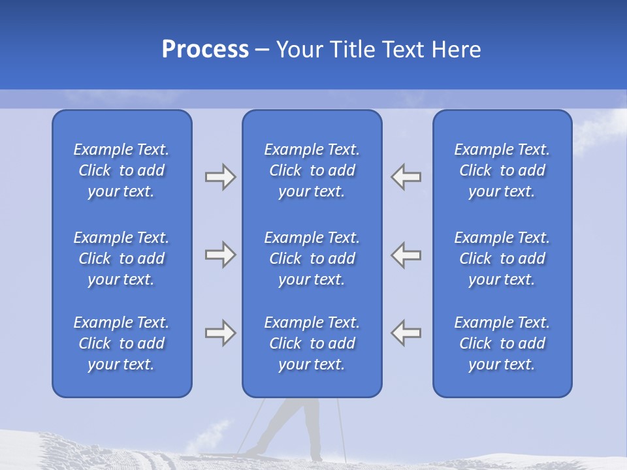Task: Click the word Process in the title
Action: tap(205, 50)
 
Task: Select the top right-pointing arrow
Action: tap(220, 177)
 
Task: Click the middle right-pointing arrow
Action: tap(220, 255)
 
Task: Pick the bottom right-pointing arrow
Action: tap(220, 333)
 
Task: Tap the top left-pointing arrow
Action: tap(406, 177)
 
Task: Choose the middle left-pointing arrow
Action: tap(406, 255)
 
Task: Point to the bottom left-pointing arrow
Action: tap(406, 333)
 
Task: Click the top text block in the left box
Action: tap(121, 170)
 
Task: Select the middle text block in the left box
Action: tap(121, 258)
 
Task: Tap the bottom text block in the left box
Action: tap(121, 343)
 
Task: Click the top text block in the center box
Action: tap(312, 170)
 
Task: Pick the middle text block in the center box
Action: tap(312, 258)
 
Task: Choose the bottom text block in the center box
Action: tap(312, 343)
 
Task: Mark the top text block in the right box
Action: tap(502, 170)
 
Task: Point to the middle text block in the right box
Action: tap(502, 258)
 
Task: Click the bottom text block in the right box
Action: tap(502, 343)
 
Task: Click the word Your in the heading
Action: tap(301, 50)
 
